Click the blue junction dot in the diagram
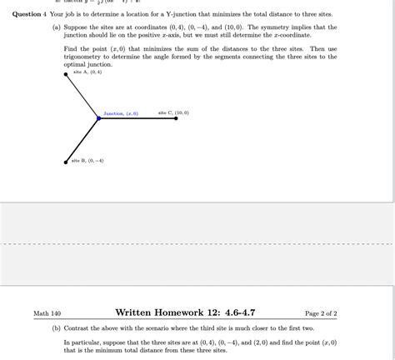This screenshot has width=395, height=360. [98, 118]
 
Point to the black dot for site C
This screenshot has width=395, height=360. [177, 118]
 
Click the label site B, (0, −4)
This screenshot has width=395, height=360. [87, 160]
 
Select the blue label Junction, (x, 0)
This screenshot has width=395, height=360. [121, 112]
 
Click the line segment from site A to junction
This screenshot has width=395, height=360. [82, 97]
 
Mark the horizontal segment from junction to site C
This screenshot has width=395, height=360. [137, 118]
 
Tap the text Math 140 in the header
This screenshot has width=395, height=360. [47, 313]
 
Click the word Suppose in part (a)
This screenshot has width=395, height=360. [77, 27]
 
